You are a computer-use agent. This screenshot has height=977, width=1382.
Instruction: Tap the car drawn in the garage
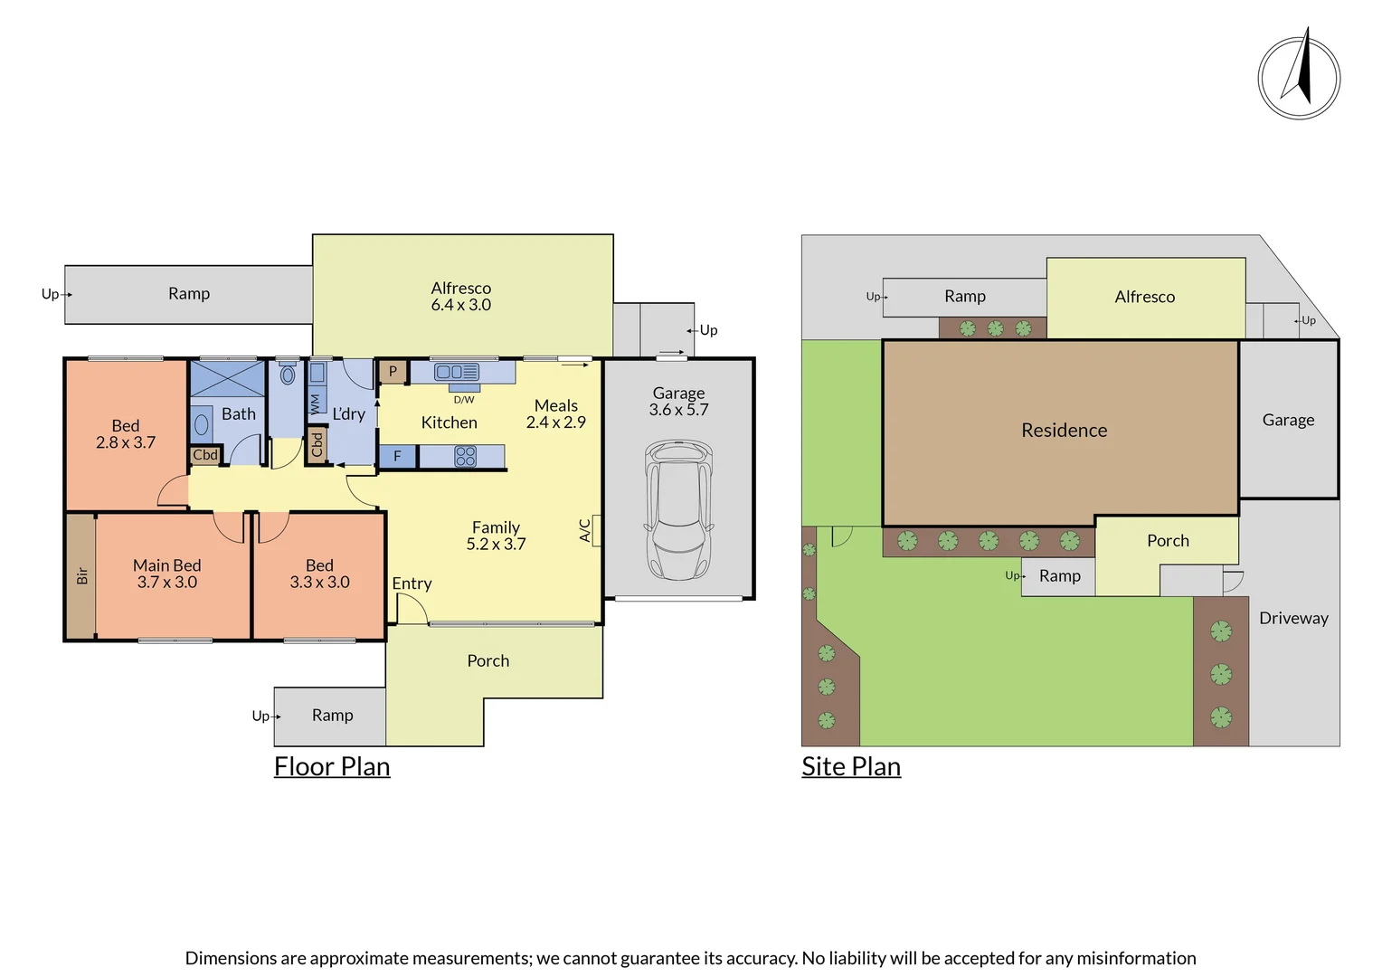pyautogui.click(x=678, y=509)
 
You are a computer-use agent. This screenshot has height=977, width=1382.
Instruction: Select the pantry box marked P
pyautogui.click(x=393, y=371)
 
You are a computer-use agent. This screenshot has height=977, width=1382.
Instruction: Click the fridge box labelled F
pyautogui.click(x=397, y=457)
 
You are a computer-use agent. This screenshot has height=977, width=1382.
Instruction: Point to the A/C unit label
pyautogui.click(x=585, y=530)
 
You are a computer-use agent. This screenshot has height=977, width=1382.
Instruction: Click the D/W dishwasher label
pyautogui.click(x=464, y=399)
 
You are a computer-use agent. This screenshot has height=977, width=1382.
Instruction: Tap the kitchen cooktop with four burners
pyautogui.click(x=465, y=457)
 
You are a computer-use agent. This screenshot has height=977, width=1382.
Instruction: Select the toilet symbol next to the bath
pyautogui.click(x=288, y=375)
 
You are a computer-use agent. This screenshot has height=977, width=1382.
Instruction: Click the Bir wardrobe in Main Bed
pyautogui.click(x=81, y=575)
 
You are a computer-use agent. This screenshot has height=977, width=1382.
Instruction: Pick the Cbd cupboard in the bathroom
pyautogui.click(x=205, y=455)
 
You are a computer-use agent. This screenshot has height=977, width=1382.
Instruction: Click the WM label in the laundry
pyautogui.click(x=315, y=403)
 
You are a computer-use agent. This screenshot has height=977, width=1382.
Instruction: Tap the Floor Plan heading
pyautogui.click(x=332, y=766)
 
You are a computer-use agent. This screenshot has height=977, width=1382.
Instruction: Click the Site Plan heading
pyautogui.click(x=851, y=766)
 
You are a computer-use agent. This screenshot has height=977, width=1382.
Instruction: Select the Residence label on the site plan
pyautogui.click(x=1064, y=431)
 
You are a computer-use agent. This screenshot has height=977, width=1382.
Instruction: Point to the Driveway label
pyautogui.click(x=1293, y=619)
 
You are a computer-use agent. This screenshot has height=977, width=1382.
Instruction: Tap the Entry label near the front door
pyautogui.click(x=412, y=583)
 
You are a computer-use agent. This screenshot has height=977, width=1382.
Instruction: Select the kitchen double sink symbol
pyautogui.click(x=457, y=372)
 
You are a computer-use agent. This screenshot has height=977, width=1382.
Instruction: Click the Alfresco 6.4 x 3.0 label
pyautogui.click(x=461, y=297)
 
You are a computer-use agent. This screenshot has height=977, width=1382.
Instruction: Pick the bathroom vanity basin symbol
pyautogui.click(x=202, y=424)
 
